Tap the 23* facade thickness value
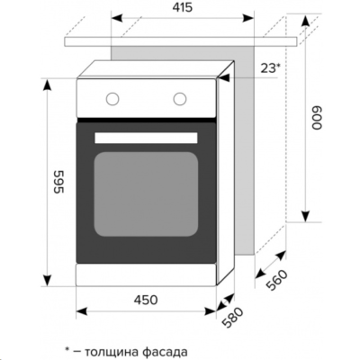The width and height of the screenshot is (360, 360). (x=269, y=67)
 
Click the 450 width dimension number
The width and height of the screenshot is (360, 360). (x=146, y=300)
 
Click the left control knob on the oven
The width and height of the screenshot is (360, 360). (x=113, y=98)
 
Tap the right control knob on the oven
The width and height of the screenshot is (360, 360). (x=181, y=98)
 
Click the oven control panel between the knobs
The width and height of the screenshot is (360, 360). (x=147, y=98)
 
